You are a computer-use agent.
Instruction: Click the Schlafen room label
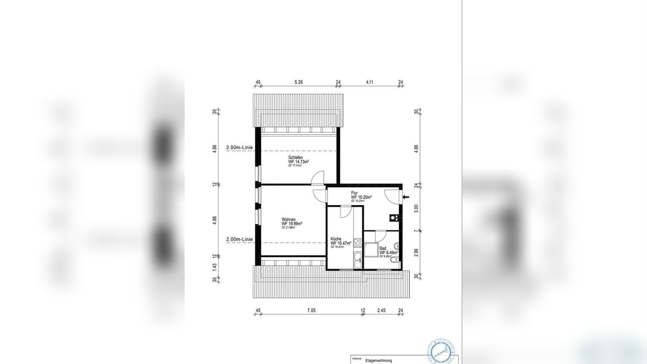click(x=296, y=158)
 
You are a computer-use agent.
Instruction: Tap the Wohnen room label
click(x=288, y=220)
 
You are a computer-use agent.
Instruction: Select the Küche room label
click(x=336, y=239)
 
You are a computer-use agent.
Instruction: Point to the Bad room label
click(x=383, y=248)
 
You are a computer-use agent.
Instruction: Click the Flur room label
click(x=354, y=193)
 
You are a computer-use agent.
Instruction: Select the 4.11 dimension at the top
click(x=370, y=82)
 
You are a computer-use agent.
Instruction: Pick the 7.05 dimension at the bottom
click(x=311, y=310)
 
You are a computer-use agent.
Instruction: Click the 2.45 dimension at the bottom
click(x=381, y=310)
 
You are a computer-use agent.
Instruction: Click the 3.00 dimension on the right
click(x=416, y=208)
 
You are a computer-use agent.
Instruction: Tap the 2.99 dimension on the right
click(x=416, y=253)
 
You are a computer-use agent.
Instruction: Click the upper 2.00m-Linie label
click(x=239, y=148)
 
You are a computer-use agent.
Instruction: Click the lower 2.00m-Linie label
click(x=239, y=239)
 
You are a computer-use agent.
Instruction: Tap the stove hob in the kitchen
click(x=358, y=243)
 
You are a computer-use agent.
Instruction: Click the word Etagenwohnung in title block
click(x=378, y=361)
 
